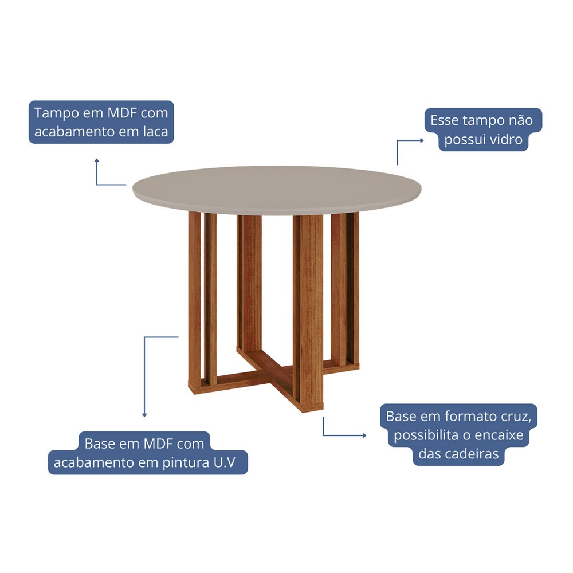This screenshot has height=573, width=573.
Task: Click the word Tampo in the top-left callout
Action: [56, 113]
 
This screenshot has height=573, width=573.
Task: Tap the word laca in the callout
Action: [155, 132]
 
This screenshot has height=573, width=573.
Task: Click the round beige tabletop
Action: [277, 190]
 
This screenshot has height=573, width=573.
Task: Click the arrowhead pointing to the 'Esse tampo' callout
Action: [422, 140]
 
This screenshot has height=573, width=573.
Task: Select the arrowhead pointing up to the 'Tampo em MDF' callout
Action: [96, 161]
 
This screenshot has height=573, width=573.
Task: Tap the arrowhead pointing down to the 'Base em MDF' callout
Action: [144, 415]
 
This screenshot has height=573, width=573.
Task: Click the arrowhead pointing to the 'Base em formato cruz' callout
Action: [364, 435]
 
